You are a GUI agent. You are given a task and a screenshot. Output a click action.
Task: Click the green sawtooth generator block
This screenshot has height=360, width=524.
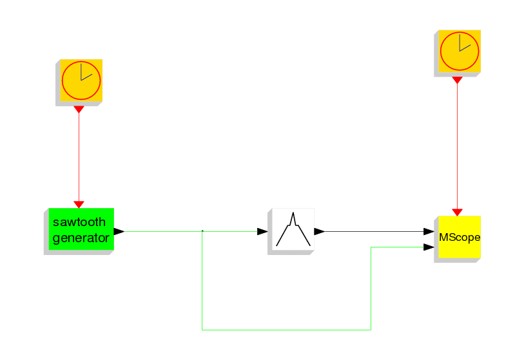[81, 229]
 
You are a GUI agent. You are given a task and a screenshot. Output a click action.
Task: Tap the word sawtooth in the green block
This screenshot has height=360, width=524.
[79, 222]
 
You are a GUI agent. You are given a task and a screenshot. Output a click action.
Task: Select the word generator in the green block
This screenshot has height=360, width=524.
[81, 238]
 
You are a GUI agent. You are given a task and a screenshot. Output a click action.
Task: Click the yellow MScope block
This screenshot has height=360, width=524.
[460, 237]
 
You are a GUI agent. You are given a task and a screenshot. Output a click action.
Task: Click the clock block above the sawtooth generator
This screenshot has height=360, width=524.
[81, 81]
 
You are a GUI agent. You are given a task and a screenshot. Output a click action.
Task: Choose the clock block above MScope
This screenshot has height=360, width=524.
[460, 51]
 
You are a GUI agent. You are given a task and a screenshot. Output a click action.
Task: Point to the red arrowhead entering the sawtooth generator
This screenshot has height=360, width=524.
[79, 205]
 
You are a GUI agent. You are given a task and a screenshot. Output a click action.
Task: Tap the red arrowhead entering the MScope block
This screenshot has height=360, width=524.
[457, 213]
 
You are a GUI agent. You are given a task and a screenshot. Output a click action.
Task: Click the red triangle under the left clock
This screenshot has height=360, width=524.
[79, 109]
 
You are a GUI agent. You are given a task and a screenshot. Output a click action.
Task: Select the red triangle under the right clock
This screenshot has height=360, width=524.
[457, 80]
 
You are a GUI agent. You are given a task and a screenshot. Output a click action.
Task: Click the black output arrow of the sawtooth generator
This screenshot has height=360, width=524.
[119, 231]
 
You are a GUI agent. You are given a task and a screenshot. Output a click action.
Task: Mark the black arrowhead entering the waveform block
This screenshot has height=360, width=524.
[262, 231]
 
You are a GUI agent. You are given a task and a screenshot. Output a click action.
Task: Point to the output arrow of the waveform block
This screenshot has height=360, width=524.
[320, 231]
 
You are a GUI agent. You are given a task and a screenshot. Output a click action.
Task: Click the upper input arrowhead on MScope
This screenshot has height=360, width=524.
[429, 231]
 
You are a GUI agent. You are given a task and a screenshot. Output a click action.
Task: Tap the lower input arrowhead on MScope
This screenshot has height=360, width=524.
[429, 247]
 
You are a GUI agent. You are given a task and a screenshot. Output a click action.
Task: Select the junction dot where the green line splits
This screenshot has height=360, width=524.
[202, 231]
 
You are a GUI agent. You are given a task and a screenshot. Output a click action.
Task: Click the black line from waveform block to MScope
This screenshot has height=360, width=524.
[374, 231]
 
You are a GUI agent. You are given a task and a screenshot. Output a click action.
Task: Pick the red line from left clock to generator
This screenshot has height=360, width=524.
[79, 157]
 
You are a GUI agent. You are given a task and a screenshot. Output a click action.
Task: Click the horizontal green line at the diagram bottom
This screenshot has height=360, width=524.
[286, 330]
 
